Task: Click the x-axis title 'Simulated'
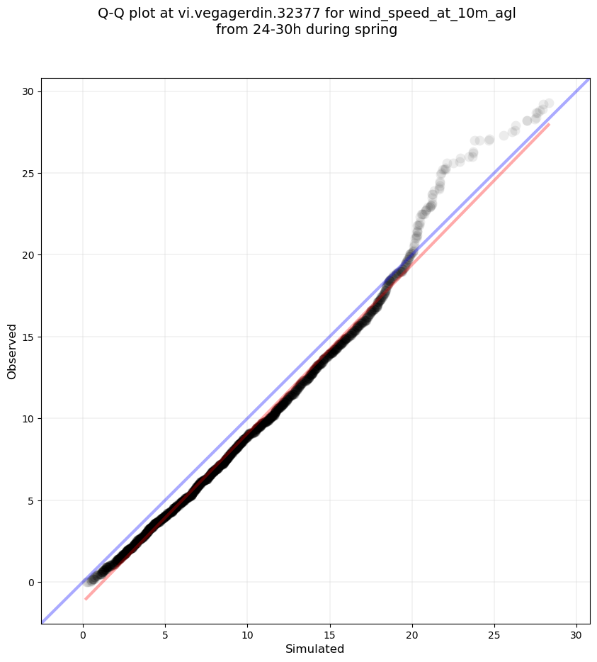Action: [x=314, y=649]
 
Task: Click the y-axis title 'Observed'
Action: [x=12, y=352]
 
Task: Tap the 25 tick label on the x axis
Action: [x=494, y=635]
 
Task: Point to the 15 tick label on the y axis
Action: [x=28, y=337]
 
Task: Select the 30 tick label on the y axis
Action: [x=28, y=91]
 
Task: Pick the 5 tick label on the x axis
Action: [x=165, y=635]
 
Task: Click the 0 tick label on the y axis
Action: [x=31, y=583]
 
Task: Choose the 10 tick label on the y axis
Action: [x=28, y=419]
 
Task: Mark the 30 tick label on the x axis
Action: [x=576, y=635]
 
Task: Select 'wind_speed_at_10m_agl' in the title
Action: [x=433, y=14]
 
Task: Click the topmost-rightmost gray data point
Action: [x=549, y=103]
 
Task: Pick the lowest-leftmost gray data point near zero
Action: [x=87, y=582]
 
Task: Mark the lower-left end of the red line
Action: [x=85, y=599]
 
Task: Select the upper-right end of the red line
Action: [x=549, y=124]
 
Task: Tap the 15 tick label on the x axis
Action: [x=329, y=635]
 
